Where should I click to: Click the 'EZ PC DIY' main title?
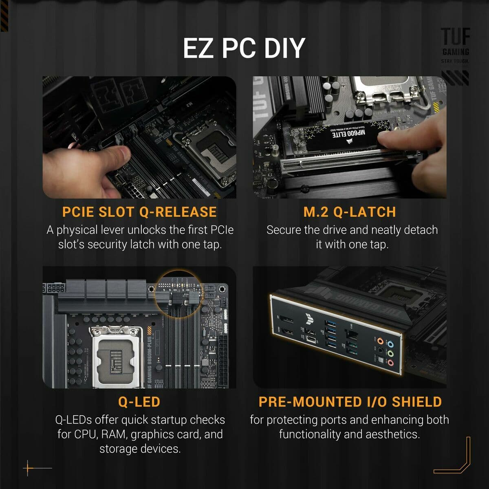coord(244,48)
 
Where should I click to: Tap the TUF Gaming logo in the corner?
coord(456,45)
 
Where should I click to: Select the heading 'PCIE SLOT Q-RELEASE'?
coord(139,212)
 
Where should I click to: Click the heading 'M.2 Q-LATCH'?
coord(350,212)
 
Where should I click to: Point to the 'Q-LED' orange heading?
coord(139,402)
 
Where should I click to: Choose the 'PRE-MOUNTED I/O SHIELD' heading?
coord(350,402)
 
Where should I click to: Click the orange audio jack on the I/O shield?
coord(380,341)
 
